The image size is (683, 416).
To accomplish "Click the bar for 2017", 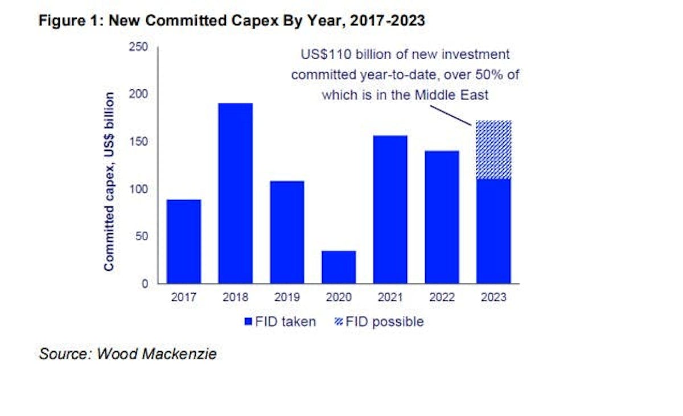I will pos(183,241).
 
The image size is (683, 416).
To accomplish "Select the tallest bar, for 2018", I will pos(235,193).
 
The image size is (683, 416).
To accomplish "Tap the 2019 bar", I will pos(287,232).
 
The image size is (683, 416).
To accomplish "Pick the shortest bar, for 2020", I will pos(339,267).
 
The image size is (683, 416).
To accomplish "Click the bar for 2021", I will pos(390,209).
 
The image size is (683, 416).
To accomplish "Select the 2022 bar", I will pos(442,217).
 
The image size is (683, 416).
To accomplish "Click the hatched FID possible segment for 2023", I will pos(493,150).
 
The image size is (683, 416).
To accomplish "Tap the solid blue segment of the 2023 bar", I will pos(493,231).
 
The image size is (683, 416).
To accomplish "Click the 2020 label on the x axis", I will pos(339,298).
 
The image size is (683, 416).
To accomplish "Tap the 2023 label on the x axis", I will pos(493,298).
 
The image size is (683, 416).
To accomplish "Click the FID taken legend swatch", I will pos(248,322).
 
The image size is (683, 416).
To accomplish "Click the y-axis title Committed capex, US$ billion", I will pos(109,182).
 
